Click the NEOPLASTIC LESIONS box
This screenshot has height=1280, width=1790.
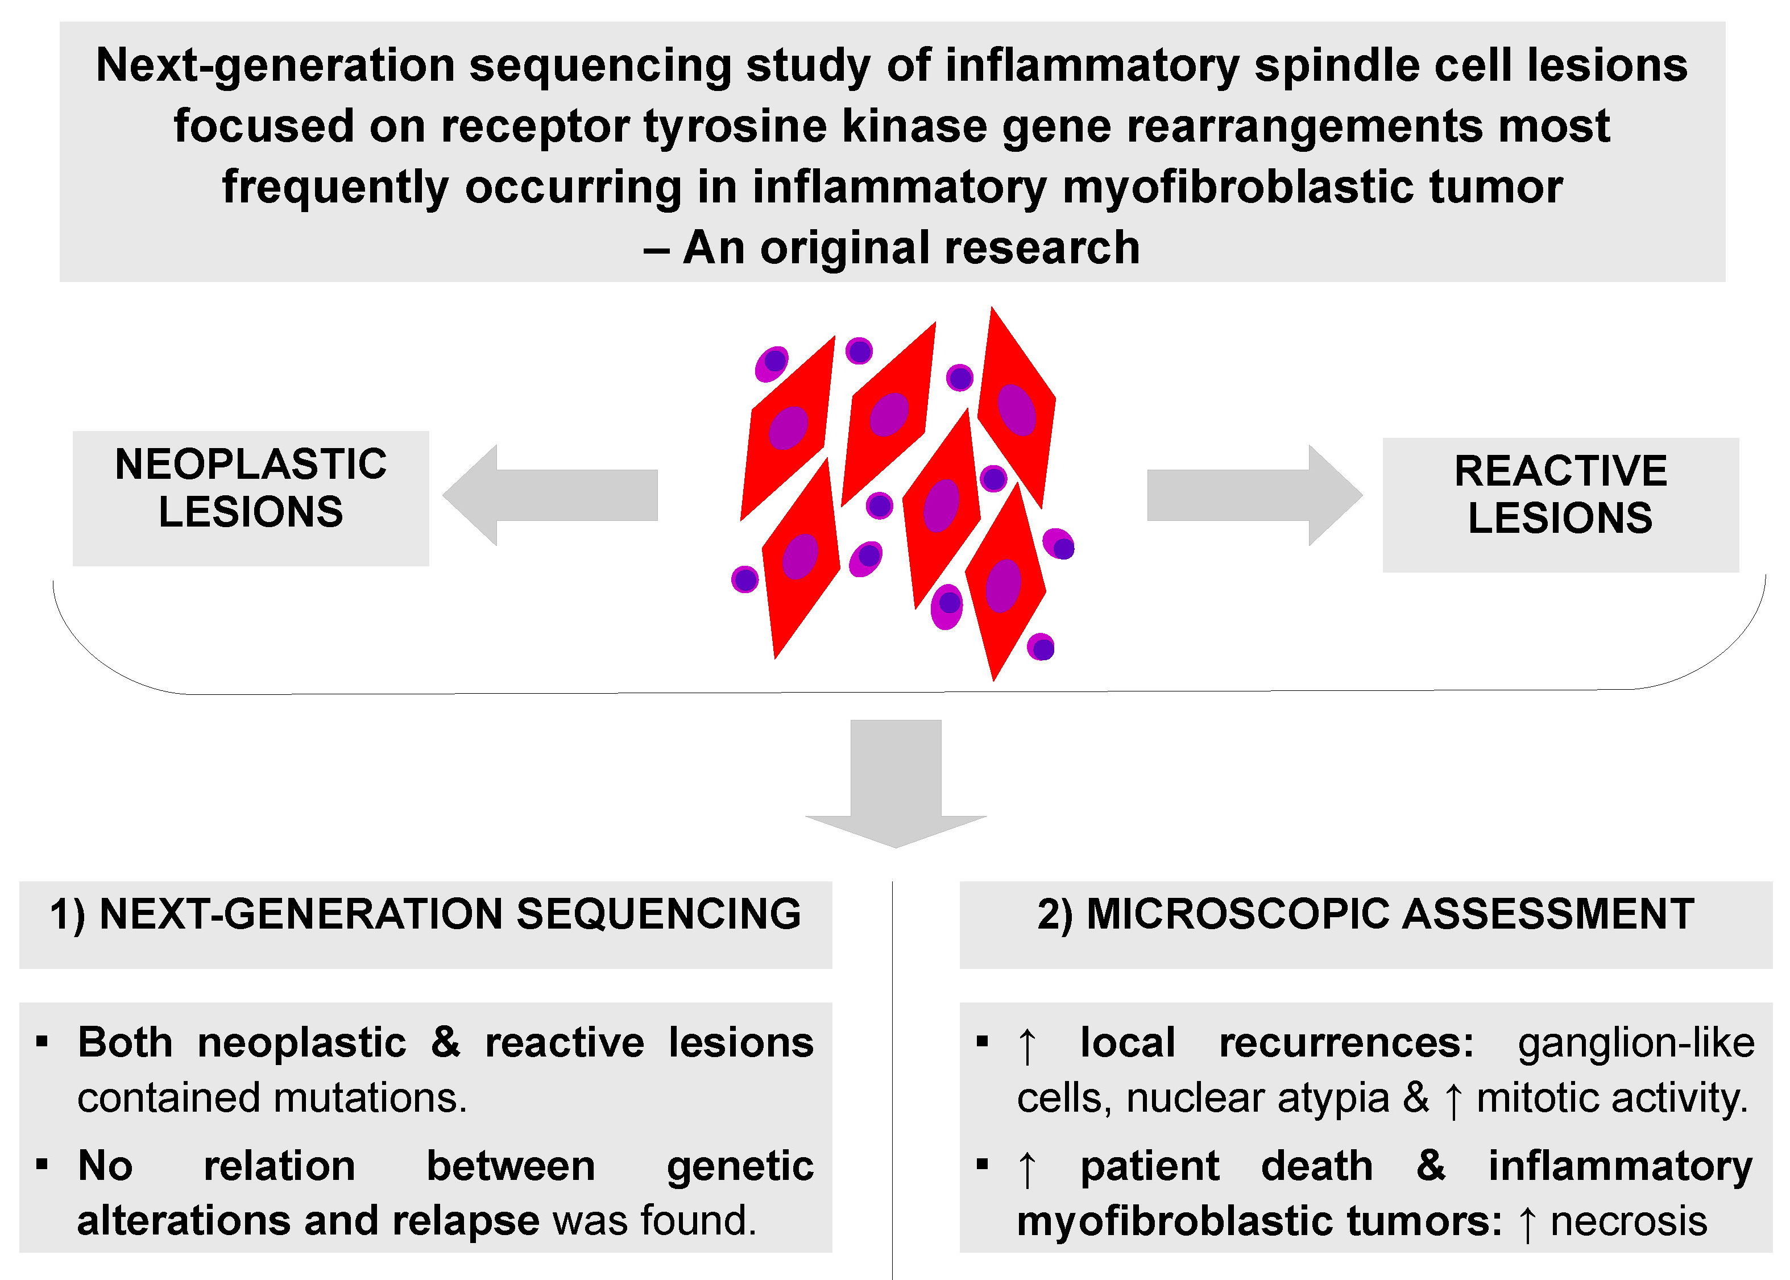coord(251,498)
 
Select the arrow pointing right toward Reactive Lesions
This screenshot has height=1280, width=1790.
coord(1254,495)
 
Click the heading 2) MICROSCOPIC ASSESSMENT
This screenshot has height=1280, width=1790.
coord(1365,914)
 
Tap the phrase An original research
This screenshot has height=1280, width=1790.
coord(910,248)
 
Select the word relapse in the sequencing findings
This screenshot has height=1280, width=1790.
coord(465,1220)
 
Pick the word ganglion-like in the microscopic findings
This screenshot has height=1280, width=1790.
coord(1635,1043)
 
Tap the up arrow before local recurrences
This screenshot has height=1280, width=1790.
coord(1026,1046)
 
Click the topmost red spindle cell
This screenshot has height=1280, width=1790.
coord(1017,402)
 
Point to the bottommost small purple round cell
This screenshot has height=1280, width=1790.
coord(1041,648)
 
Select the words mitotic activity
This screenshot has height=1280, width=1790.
coord(1612,1098)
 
